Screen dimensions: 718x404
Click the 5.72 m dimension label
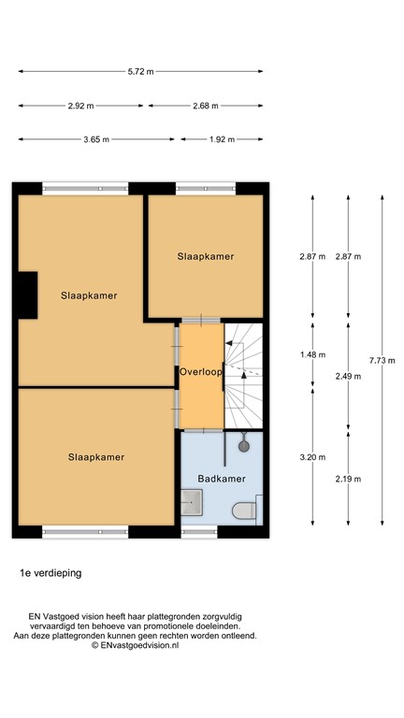140,71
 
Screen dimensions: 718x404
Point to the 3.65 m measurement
95,139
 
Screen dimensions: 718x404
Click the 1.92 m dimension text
222,139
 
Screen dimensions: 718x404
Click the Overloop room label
201,371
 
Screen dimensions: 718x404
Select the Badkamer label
222,479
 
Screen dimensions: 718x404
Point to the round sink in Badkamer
245,446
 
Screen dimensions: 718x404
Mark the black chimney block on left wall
25,295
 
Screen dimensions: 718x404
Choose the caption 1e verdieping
50,572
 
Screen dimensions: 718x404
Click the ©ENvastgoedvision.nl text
134,645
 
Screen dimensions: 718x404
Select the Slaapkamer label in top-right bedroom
206,255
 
